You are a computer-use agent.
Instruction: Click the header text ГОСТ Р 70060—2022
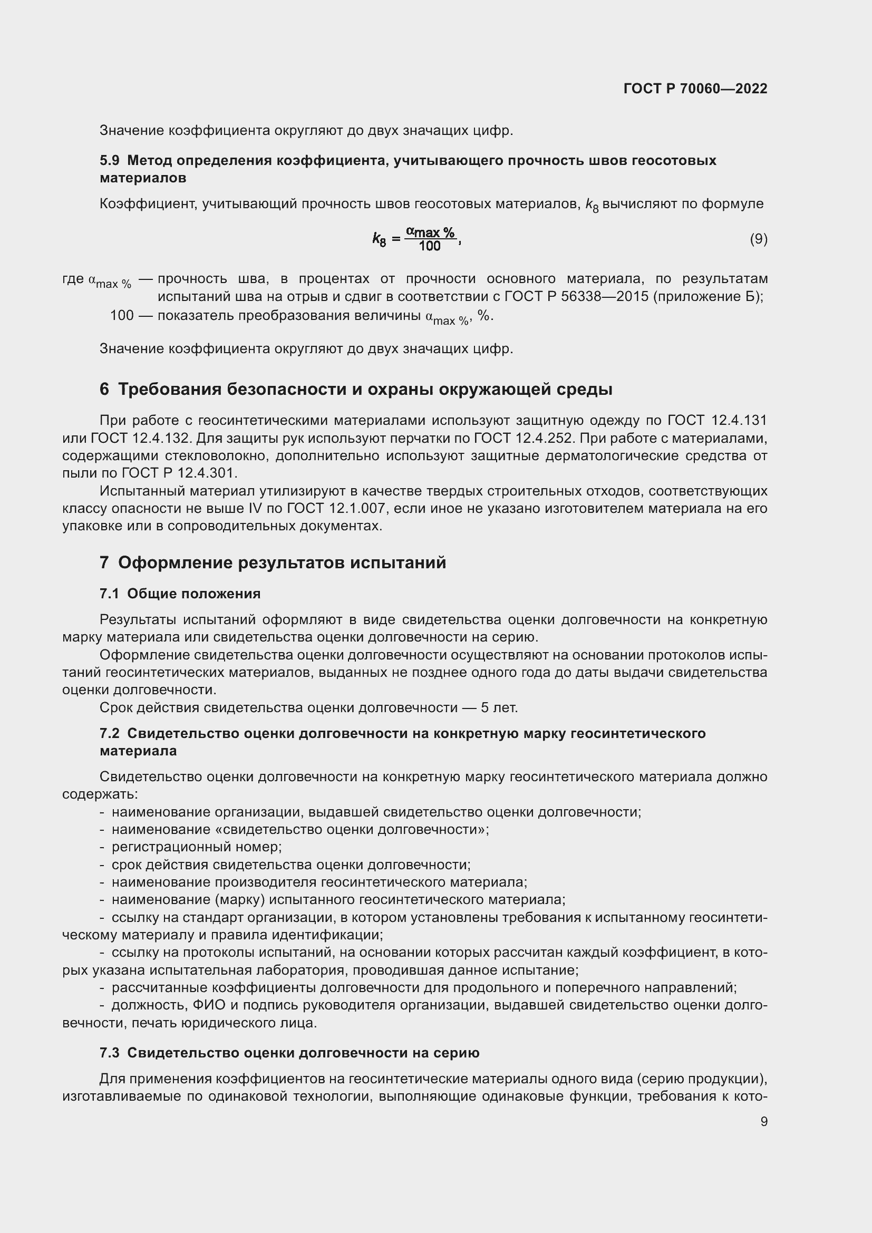tap(695, 89)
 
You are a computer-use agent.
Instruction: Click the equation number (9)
tap(758, 239)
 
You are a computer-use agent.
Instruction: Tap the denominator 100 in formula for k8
tap(430, 247)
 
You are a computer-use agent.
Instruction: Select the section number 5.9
tap(109, 161)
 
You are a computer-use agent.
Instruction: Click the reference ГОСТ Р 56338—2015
tap(577, 296)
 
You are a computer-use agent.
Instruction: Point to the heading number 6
tap(104, 390)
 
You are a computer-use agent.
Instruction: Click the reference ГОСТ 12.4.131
tap(718, 420)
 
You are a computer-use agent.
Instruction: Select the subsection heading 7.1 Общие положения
tap(180, 594)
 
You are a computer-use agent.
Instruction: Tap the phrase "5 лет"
tap(499, 708)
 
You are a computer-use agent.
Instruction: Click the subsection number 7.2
tap(109, 734)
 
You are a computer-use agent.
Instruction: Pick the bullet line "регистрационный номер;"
tap(197, 847)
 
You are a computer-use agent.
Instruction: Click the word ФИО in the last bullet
tap(207, 1005)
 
